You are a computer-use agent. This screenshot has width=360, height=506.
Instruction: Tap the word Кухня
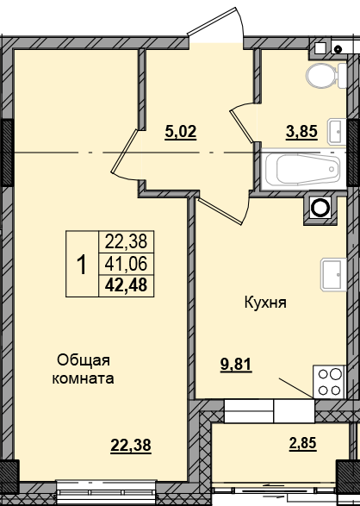264,303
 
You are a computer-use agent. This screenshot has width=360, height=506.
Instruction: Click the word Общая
85,359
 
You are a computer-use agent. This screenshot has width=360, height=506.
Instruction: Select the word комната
84,378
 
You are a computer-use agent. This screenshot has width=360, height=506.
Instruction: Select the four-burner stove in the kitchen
329,382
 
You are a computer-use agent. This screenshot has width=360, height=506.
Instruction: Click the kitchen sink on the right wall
332,274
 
